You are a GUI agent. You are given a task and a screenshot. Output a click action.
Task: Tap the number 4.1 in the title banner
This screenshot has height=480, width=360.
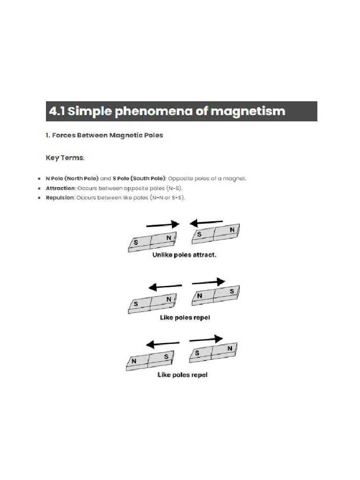click(57, 112)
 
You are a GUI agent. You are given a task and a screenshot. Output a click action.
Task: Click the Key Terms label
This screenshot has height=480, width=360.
click(65, 158)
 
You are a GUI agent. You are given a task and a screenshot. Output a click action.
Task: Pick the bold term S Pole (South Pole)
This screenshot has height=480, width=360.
click(139, 179)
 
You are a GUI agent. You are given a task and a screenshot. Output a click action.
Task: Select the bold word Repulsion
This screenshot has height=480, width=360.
click(60, 198)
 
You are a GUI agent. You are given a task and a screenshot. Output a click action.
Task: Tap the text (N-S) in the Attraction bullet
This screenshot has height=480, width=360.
click(173, 188)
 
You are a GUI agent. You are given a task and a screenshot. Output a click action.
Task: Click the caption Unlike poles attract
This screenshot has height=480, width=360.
click(184, 256)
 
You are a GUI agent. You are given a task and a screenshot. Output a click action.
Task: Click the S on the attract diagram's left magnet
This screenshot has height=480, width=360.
click(135, 242)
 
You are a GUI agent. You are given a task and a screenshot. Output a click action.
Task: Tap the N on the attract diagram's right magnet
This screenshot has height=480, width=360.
click(232, 230)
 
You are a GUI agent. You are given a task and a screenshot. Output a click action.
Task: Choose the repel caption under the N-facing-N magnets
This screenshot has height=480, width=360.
click(185, 318)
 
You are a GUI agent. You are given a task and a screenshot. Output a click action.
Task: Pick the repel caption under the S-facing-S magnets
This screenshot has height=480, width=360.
click(182, 375)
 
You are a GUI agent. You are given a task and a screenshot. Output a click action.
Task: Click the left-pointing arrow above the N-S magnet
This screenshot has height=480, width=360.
click(163, 345)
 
